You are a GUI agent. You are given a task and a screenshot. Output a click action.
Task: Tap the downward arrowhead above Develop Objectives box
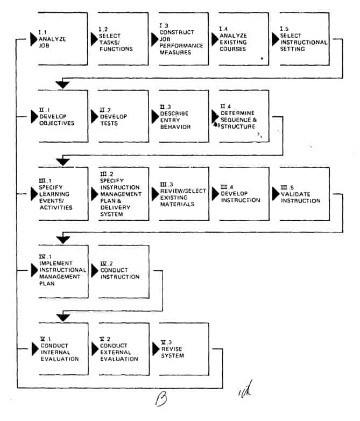(x=63, y=85)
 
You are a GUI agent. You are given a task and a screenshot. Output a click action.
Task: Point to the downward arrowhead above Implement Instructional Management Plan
(x=63, y=240)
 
